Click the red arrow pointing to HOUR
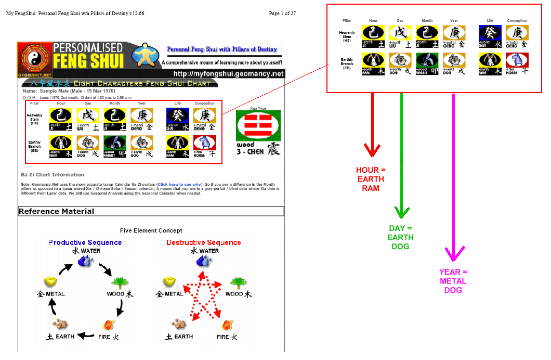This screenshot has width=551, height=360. pos(372,125)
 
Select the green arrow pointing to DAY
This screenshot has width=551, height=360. pos(401,156)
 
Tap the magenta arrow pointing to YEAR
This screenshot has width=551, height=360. pos(453,177)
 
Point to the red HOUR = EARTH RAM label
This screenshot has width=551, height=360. pos(371,179)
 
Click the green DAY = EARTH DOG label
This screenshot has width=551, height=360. pos(401,237)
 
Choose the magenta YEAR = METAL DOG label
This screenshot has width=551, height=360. pos(453,281)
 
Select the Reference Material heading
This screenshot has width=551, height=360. pos(57,211)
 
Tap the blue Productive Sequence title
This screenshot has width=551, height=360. pos(85,242)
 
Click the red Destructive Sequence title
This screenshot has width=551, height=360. pos(204,242)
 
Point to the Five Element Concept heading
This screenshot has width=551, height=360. pos(151,230)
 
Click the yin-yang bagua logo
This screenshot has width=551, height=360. pos(35,60)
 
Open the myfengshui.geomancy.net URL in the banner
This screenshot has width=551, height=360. pos(229,74)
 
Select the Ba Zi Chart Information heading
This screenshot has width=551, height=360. pos(52,175)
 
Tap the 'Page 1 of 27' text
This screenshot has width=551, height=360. pos(282,13)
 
